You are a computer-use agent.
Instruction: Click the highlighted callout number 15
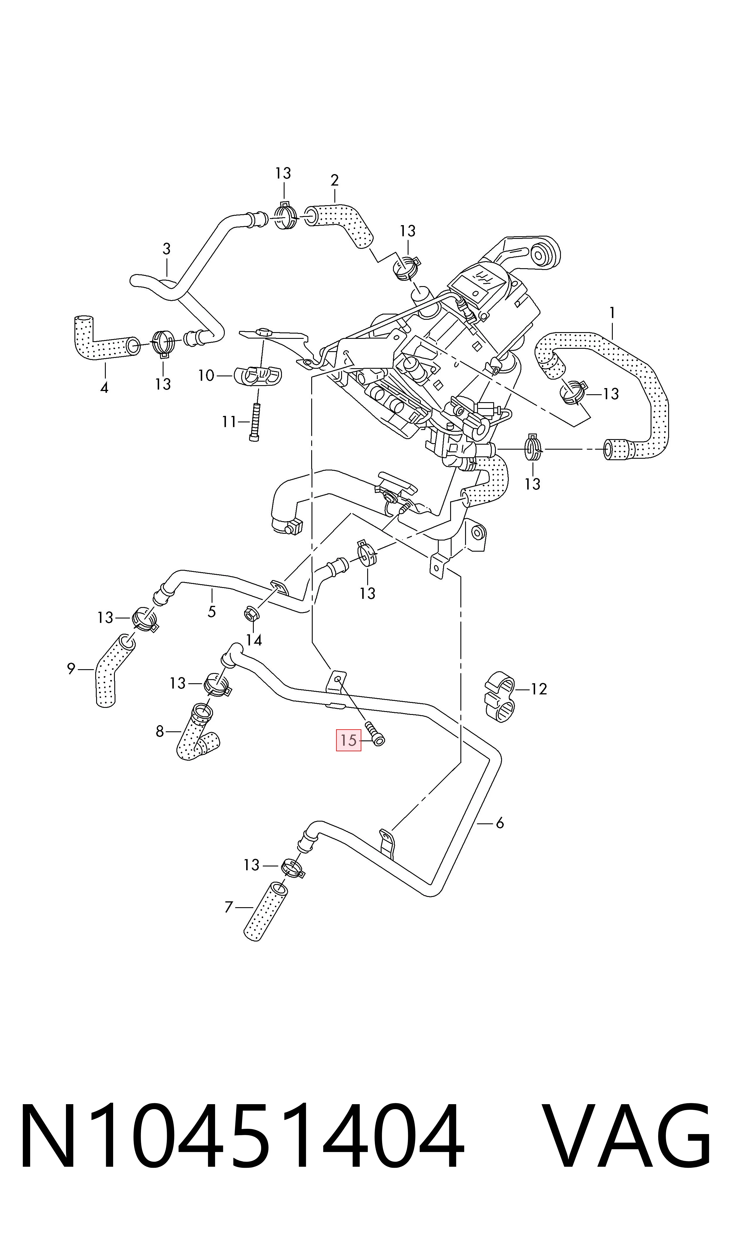point(348,740)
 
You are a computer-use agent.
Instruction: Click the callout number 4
point(104,388)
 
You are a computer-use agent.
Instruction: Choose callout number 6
point(500,822)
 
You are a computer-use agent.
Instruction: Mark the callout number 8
point(159,732)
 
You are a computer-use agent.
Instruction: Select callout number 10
point(206,376)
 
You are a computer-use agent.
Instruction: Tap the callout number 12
point(539,689)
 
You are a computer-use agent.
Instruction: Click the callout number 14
point(254,640)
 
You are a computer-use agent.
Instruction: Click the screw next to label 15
point(375,734)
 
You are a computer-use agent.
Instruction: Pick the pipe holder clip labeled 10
point(258,376)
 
